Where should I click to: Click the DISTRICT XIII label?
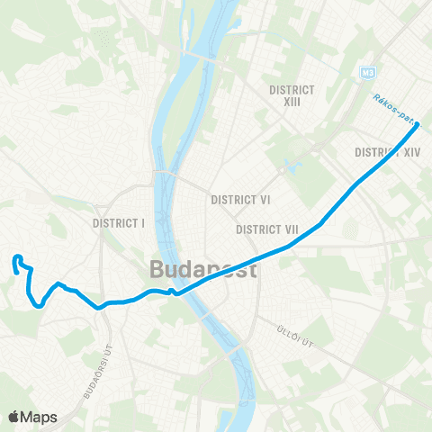point(292,95)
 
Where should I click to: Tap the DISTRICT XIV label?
point(388,152)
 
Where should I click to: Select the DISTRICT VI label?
point(240,199)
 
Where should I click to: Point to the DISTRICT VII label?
point(267,229)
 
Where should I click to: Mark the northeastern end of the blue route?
point(418,125)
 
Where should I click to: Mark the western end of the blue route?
point(17,259)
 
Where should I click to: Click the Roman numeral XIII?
point(292,102)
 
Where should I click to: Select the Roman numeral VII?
point(290,229)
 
